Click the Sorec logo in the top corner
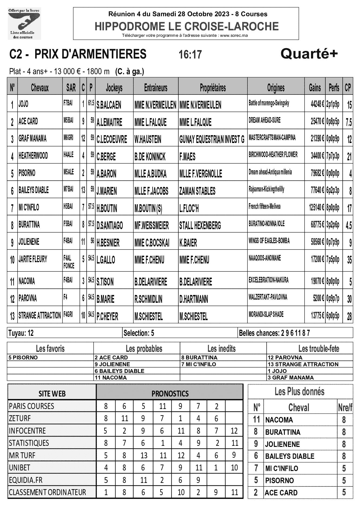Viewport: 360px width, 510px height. (24, 24)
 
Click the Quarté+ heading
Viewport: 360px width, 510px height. (309, 54)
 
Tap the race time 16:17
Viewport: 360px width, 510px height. (190, 54)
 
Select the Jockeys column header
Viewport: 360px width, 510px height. (114, 87)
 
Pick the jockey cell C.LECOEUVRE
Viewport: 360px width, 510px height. (112, 139)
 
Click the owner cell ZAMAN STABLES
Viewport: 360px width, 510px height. (197, 191)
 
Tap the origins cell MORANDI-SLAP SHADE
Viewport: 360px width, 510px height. (266, 314)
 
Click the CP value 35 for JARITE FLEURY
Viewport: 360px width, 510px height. (349, 260)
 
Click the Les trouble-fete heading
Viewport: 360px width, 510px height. (319, 348)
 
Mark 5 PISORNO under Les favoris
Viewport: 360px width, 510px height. (23, 358)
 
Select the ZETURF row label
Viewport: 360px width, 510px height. (20, 418)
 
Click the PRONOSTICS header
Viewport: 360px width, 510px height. (170, 393)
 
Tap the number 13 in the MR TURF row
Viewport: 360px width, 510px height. (144, 455)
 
